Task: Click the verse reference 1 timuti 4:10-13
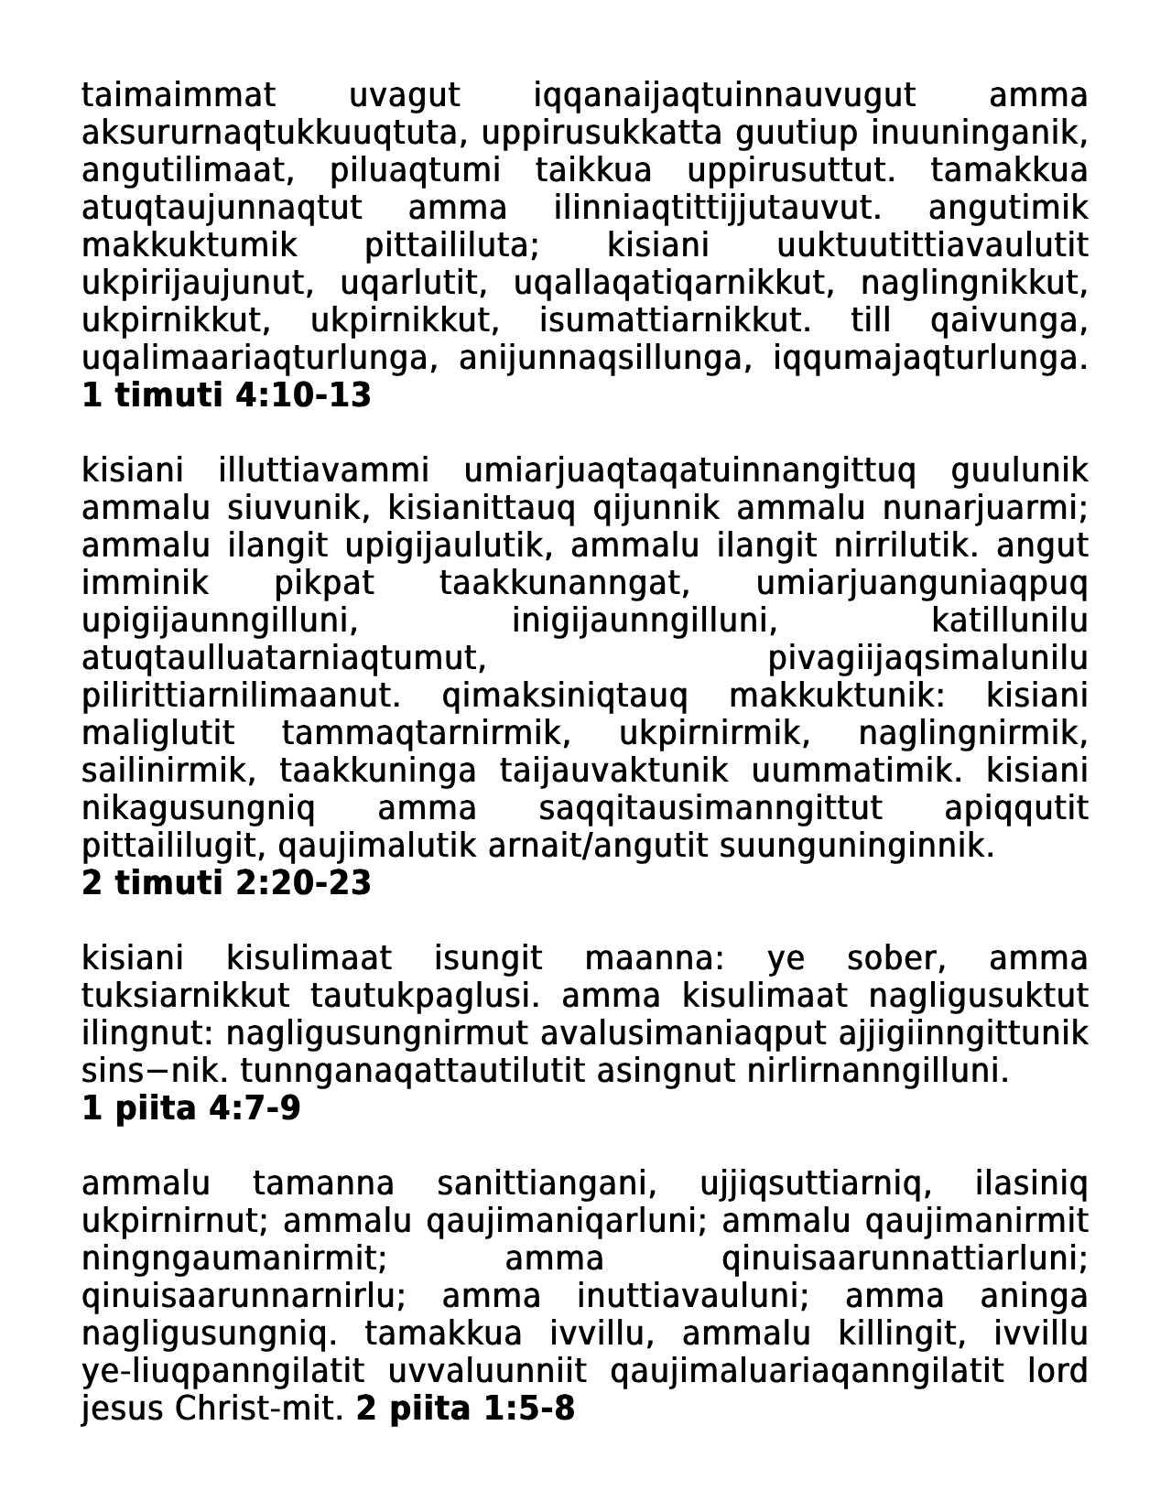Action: (226, 395)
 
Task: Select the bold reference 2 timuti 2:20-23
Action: (226, 883)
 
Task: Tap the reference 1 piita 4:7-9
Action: (191, 1108)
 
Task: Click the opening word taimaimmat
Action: (179, 95)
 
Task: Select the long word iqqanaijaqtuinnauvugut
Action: (724, 95)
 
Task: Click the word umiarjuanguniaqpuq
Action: (922, 583)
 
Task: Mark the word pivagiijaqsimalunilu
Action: (927, 658)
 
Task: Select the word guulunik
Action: (1020, 470)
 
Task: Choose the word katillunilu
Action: (1009, 621)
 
